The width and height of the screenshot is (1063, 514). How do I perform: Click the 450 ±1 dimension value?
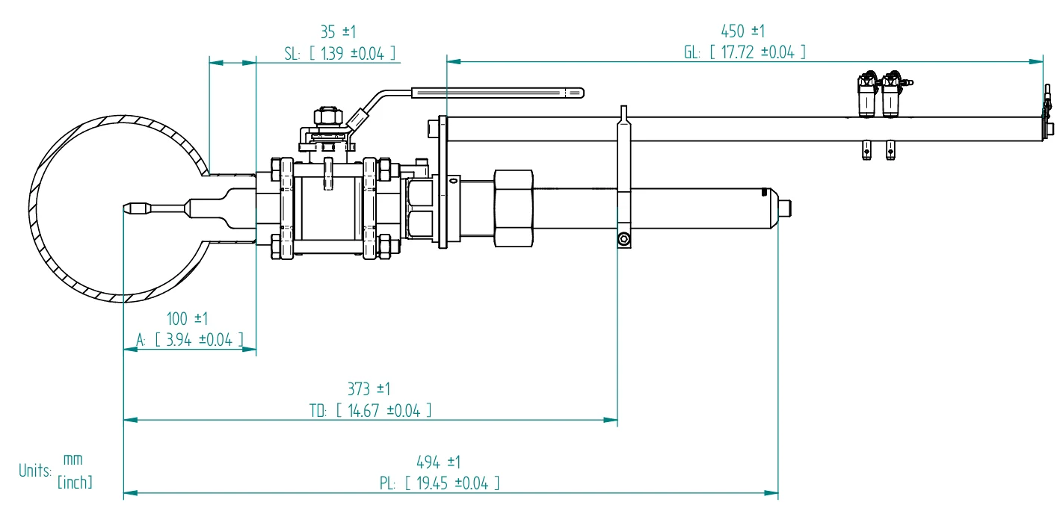pyautogui.click(x=742, y=31)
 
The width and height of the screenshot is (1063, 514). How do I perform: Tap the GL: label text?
pyautogui.click(x=692, y=52)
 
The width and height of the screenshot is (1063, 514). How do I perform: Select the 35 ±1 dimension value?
pyautogui.click(x=338, y=32)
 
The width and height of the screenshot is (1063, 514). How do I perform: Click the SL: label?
pyautogui.click(x=292, y=54)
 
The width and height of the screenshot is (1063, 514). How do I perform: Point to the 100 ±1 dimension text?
pyautogui.click(x=187, y=319)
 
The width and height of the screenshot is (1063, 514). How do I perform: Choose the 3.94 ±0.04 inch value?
pyautogui.click(x=199, y=340)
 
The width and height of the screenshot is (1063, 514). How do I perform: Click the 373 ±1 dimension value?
pyautogui.click(x=369, y=389)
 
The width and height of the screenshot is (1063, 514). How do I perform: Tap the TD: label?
pyautogui.click(x=318, y=411)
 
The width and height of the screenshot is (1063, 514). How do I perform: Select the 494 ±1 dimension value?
pyautogui.click(x=438, y=462)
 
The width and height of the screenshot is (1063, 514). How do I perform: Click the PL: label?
pyautogui.click(x=387, y=483)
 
